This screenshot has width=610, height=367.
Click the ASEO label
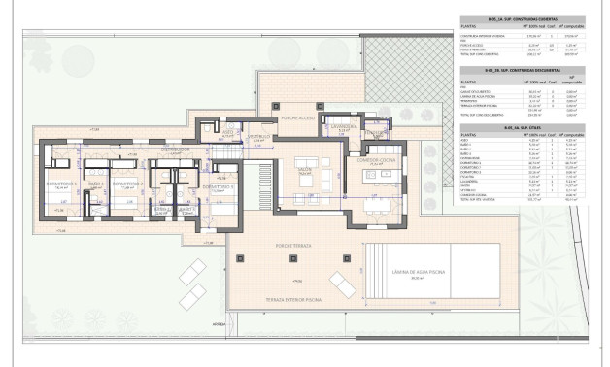click(226, 132)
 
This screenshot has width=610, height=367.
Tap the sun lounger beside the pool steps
click(342, 283)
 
